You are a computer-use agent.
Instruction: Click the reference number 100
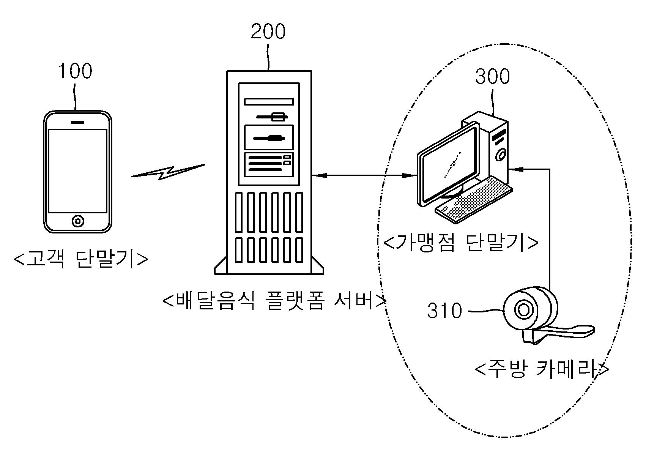click(x=75, y=71)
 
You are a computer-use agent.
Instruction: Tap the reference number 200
click(x=268, y=32)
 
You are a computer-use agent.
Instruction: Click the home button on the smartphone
click(x=77, y=221)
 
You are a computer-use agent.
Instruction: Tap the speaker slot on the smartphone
click(x=77, y=122)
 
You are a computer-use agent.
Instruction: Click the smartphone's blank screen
click(x=77, y=170)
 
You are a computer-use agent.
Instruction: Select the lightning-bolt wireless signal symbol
click(x=167, y=172)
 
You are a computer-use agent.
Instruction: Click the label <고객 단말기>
click(x=80, y=259)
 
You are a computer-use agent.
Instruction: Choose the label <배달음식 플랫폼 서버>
click(x=274, y=301)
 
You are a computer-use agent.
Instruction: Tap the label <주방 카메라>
click(x=542, y=369)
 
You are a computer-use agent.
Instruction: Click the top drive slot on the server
click(x=269, y=101)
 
